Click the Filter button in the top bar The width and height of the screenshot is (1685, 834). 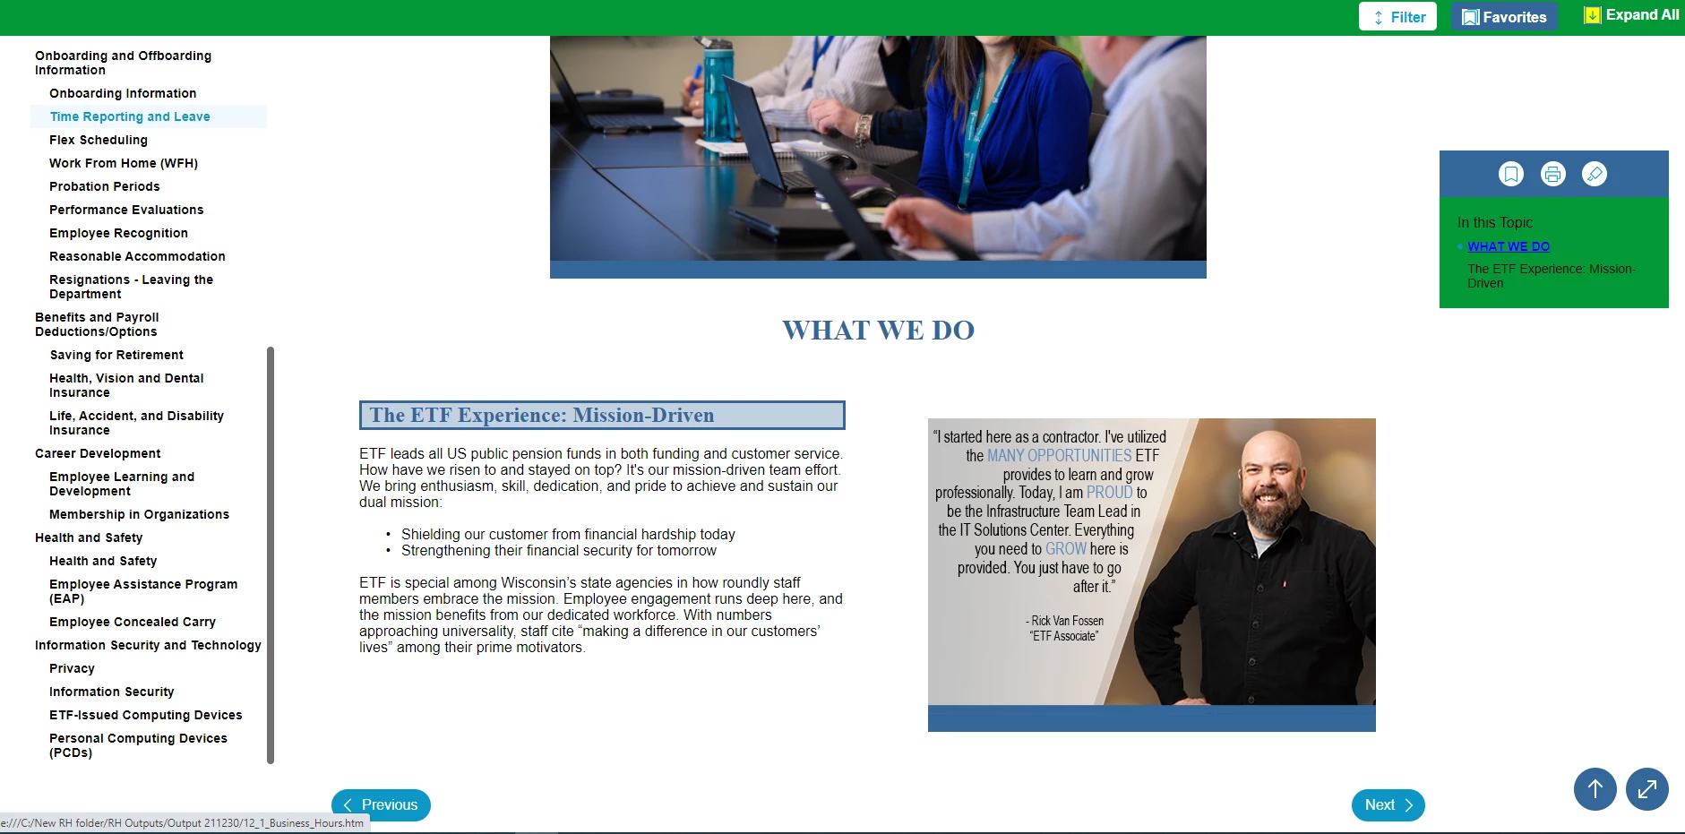point(1397,17)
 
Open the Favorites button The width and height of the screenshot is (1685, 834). point(1504,17)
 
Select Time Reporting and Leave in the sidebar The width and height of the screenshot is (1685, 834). point(130,116)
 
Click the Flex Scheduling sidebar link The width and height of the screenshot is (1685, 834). point(99,140)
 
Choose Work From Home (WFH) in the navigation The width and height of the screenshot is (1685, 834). point(124,163)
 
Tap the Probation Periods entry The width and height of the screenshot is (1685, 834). point(105,186)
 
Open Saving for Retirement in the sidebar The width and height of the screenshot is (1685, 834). point(116,355)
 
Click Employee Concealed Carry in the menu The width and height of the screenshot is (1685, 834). point(133,622)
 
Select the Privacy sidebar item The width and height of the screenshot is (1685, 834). point(72,668)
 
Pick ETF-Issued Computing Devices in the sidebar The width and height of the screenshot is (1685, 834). point(146,715)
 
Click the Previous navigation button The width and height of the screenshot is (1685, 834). point(381,804)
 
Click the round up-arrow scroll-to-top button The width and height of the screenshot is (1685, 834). point(1595,789)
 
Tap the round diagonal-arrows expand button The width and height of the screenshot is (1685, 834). point(1647,789)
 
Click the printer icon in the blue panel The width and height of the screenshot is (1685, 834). point(1553,174)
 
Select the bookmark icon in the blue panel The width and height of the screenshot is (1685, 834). point(1511,174)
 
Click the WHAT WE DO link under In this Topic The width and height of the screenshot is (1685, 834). point(1509,246)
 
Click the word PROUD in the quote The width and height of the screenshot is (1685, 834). point(1110,492)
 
